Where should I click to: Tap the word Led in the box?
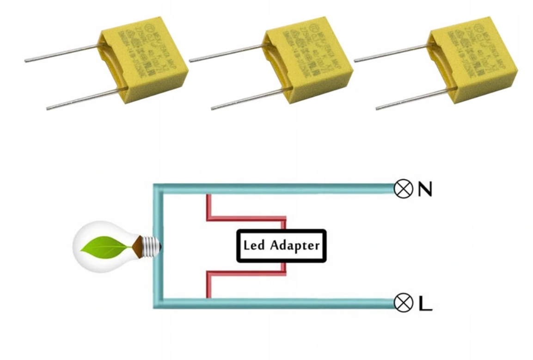(254, 245)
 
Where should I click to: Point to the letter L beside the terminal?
(425, 303)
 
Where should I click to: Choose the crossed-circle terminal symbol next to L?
(403, 303)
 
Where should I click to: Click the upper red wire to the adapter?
(245, 218)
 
